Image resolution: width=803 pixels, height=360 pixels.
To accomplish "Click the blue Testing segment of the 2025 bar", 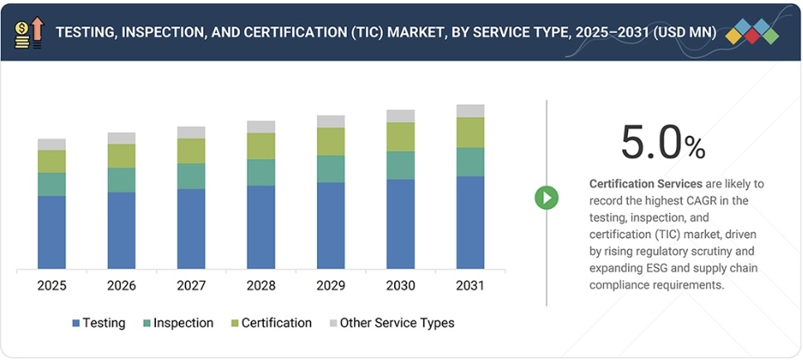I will [x=51, y=232].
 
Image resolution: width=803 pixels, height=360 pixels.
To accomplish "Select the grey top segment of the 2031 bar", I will [x=470, y=111].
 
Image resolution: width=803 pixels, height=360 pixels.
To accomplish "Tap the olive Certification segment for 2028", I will [x=261, y=146].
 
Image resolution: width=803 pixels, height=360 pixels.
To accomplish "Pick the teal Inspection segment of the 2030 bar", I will [x=401, y=165].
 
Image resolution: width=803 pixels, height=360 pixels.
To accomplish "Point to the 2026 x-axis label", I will [x=121, y=285].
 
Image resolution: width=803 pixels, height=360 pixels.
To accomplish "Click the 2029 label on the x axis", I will [x=331, y=285].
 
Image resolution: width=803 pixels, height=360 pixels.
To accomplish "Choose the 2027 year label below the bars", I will [x=191, y=285].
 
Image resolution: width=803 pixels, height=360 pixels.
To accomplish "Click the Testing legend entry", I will [x=99, y=323].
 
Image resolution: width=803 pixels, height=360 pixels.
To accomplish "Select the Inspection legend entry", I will [x=178, y=323].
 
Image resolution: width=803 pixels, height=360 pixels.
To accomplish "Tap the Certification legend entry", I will [x=270, y=323].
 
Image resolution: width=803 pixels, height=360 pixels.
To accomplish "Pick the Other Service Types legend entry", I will [x=392, y=323].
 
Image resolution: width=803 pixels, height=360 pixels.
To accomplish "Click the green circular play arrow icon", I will [x=546, y=197].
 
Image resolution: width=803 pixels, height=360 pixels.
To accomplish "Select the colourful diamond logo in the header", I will [x=752, y=32].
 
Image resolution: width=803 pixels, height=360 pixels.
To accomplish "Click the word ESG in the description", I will [x=657, y=268].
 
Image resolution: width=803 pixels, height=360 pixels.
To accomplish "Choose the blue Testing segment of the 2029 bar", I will [x=331, y=226].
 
